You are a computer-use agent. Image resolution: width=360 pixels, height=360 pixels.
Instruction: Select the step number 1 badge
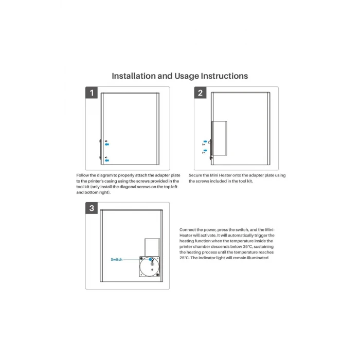click(92, 93)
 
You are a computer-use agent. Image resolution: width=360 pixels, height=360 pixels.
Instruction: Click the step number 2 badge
click(200, 93)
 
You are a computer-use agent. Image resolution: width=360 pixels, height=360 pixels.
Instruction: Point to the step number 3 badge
click(92, 208)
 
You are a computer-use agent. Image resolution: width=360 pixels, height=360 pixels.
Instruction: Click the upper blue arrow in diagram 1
click(107, 145)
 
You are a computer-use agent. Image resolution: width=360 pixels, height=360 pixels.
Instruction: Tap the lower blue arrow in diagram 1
click(107, 160)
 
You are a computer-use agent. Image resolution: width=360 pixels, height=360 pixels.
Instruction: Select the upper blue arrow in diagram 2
click(205, 141)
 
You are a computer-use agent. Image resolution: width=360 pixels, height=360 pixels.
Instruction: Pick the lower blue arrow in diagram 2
click(205, 151)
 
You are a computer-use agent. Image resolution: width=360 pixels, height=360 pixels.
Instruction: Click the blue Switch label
click(117, 259)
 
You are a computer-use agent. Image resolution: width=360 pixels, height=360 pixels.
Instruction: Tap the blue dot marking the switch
click(150, 259)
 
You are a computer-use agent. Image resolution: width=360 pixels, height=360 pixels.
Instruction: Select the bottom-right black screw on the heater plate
click(157, 275)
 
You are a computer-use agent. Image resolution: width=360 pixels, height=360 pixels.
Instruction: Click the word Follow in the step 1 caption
click(82, 175)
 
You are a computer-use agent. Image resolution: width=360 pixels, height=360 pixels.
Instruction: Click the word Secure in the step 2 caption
click(195, 175)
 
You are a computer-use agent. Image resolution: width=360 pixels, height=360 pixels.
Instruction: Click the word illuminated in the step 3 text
click(258, 258)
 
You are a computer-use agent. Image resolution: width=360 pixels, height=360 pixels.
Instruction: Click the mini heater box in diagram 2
click(219, 138)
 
